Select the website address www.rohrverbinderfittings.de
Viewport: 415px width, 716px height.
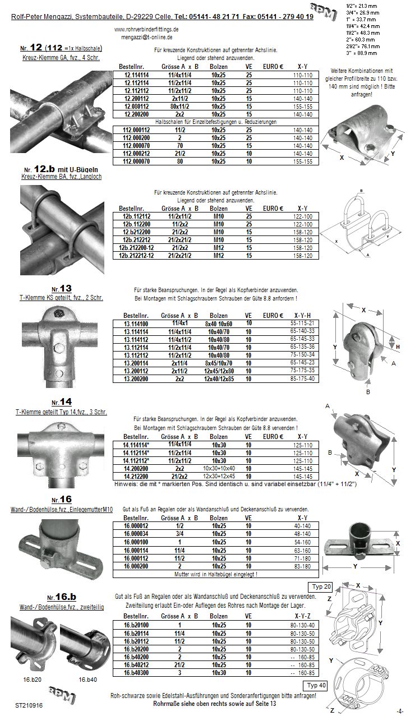point(146,29)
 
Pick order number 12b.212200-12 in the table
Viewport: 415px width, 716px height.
point(136,247)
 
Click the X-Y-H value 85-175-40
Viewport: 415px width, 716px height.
point(303,378)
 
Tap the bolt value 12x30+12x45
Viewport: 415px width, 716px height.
point(219,475)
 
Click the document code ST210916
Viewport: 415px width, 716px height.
point(29,703)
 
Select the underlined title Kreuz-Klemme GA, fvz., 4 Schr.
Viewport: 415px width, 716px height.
point(54,58)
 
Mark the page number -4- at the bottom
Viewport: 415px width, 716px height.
point(399,711)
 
